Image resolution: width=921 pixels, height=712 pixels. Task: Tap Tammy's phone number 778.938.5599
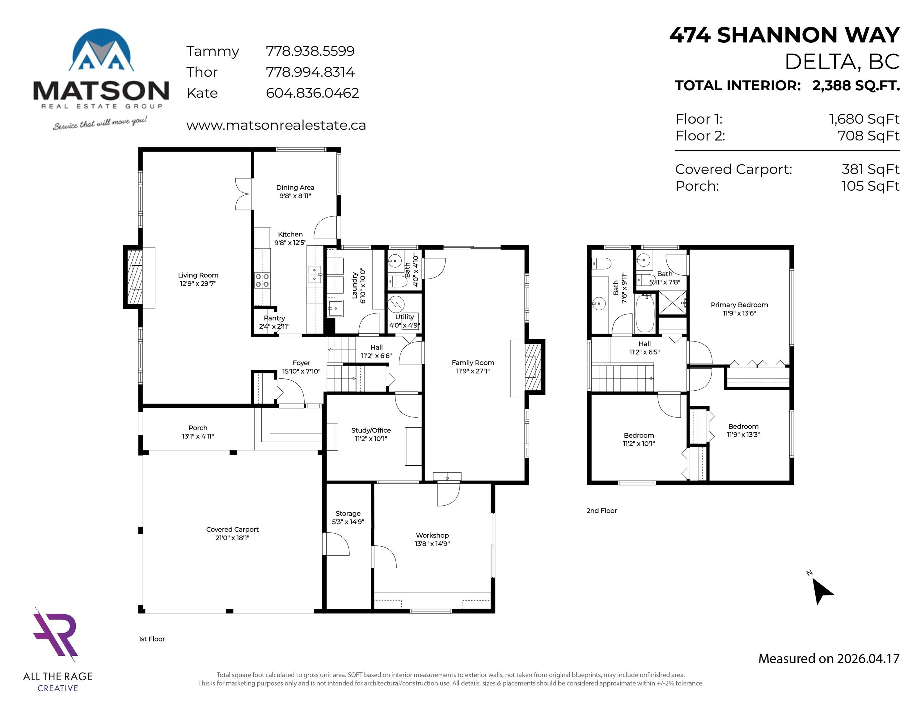point(310,51)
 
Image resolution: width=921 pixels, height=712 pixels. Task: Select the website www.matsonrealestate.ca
point(276,125)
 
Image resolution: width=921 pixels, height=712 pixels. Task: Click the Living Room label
point(198,275)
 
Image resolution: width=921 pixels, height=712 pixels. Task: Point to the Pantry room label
point(275,318)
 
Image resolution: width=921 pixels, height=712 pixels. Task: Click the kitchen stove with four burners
point(262,281)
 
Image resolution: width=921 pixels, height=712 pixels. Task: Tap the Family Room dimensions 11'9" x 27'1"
point(473,371)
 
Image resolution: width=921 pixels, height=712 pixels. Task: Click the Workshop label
point(432,535)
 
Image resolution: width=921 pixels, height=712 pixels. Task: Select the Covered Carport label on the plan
point(232,529)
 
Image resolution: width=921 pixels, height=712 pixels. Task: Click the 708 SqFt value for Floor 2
point(869,136)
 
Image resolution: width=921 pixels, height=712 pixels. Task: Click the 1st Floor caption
point(152,639)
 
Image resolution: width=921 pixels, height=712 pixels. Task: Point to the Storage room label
point(348,513)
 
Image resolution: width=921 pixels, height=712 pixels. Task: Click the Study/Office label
point(371,430)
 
